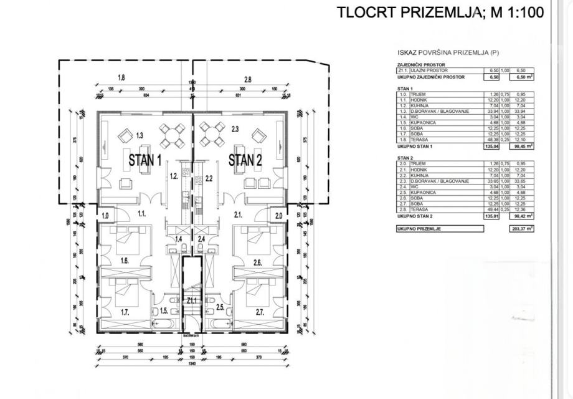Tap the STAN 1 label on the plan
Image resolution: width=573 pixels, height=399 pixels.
coord(145,160)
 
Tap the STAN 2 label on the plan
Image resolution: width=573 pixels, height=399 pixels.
coord(245,160)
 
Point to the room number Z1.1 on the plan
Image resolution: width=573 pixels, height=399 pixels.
coord(191,300)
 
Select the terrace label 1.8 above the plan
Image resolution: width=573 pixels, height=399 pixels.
coord(121,79)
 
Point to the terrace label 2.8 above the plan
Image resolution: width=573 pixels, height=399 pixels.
coord(247,79)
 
